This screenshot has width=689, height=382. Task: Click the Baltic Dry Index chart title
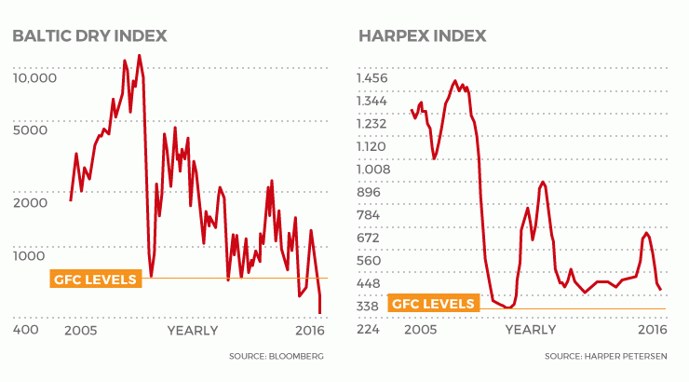(89, 36)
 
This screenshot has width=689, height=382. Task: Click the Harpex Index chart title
(421, 36)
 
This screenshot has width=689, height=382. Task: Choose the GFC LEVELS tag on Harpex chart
(430, 304)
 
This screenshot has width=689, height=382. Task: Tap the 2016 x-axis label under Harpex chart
(651, 330)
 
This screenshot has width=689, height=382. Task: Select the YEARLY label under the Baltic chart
(192, 330)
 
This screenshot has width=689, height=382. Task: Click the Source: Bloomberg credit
(277, 357)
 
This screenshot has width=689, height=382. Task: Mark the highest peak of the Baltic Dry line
(140, 56)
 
